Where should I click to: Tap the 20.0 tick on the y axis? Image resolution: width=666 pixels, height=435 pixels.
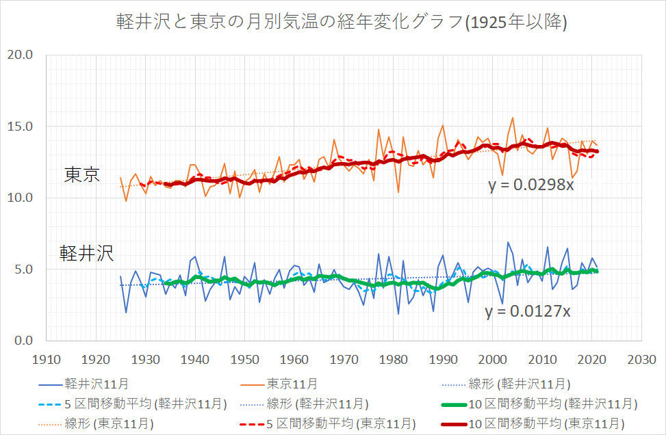(21, 55)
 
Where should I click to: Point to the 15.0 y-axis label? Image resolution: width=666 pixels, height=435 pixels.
(21, 127)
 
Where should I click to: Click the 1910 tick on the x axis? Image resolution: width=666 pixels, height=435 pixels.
(46, 358)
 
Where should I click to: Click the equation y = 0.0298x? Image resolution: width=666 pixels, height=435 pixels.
(531, 185)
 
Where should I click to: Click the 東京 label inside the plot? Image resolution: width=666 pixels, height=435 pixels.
(82, 175)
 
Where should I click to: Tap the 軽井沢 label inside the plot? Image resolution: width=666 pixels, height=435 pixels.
(86, 254)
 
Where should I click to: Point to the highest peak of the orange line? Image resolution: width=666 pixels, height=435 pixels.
(513, 118)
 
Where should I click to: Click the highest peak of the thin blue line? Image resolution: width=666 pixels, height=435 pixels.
(508, 242)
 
